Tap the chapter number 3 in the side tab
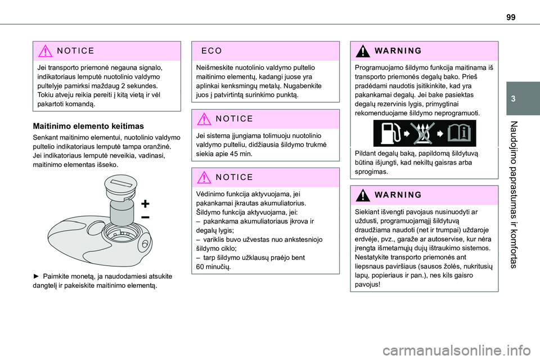point(527,98)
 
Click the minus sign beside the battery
point(145,216)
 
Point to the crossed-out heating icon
point(423,133)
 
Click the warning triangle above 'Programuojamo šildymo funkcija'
point(363,50)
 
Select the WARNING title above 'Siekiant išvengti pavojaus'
point(395,195)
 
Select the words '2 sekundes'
point(138,85)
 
